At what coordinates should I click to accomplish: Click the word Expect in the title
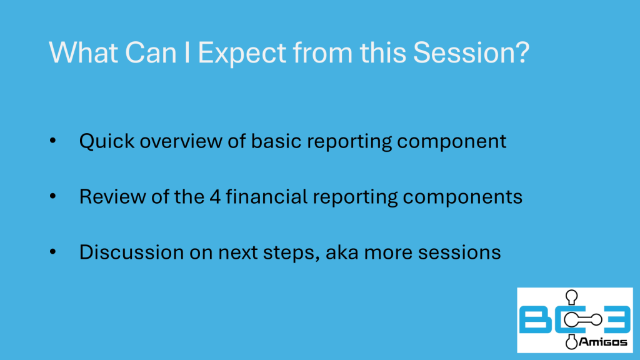242,54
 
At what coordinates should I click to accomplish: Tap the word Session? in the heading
471,52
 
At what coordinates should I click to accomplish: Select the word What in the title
84,52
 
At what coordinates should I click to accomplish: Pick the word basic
276,141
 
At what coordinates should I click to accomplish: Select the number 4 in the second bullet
215,197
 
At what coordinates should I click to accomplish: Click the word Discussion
131,252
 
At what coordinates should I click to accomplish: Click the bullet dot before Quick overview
52,141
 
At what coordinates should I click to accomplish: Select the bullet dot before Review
52,196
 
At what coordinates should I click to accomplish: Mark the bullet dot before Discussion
52,252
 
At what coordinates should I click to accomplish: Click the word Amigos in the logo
603,342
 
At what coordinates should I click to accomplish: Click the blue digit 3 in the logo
617,319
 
